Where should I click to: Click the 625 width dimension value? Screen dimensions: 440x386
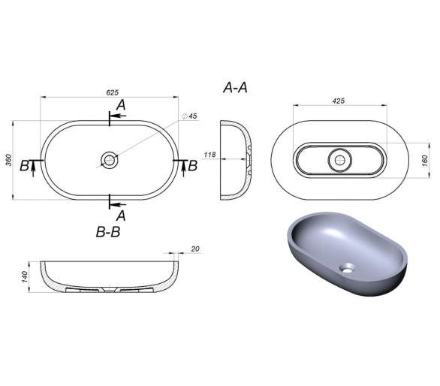112,92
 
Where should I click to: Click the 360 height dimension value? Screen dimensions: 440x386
9,160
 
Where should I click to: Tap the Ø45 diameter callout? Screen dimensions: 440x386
190,116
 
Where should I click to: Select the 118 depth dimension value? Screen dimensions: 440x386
209,155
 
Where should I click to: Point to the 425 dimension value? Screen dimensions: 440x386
339,101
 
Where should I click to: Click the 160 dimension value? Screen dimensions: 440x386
425,161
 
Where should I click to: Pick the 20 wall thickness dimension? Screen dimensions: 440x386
195,249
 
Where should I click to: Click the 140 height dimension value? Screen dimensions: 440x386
26,277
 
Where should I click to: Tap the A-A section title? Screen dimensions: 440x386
236,88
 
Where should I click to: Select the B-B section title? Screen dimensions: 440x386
108,232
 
